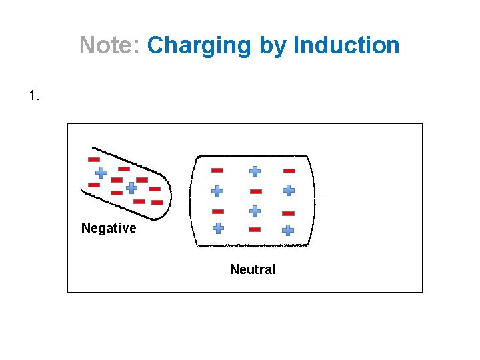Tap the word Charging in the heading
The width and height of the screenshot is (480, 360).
coord(199,45)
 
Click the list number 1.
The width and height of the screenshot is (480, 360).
coord(35,96)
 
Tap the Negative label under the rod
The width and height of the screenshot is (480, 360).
coord(109,228)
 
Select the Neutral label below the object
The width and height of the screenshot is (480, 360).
coord(252,269)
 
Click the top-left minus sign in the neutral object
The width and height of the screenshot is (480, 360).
coord(217,170)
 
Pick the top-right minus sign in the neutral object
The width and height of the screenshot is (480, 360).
coord(289,171)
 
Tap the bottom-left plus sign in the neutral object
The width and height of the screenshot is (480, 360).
coord(218,228)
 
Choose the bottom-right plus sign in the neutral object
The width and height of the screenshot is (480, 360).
coord(287,230)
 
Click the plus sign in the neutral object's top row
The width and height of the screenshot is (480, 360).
coord(255,171)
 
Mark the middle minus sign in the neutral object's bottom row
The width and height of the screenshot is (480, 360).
coord(254,229)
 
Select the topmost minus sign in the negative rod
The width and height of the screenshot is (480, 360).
coord(94,159)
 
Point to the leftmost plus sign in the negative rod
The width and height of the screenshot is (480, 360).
coord(101,172)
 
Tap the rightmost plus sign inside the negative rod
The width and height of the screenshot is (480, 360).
coord(131,188)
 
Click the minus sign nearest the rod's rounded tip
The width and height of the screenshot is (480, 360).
coord(157,202)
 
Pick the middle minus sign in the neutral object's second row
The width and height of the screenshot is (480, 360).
coord(256,191)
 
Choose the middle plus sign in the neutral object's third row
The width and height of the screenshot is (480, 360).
coord(255,211)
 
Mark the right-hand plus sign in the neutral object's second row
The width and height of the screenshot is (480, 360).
coord(288,190)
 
